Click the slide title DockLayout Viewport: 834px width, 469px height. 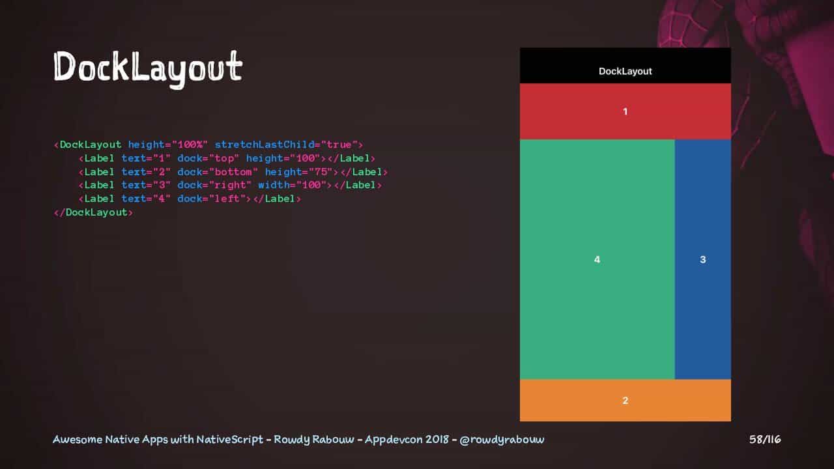148,68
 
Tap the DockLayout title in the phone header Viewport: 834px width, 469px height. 625,71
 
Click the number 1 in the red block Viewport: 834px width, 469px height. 625,111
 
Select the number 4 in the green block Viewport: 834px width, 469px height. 597,259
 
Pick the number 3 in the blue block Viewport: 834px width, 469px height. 702,259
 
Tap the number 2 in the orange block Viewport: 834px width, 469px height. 625,400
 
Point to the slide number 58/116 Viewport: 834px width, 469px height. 765,440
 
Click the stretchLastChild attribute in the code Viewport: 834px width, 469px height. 265,145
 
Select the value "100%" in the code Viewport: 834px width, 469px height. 190,145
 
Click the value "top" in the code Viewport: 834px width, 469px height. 223,158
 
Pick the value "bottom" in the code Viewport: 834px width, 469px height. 233,171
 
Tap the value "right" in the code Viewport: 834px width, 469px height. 230,185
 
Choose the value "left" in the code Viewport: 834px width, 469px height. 227,199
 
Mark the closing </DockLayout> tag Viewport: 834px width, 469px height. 93,212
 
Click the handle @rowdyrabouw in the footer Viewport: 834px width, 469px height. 502,440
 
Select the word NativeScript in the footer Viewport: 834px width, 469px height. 230,440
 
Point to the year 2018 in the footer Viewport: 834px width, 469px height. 437,440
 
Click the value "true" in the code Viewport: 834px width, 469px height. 339,145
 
